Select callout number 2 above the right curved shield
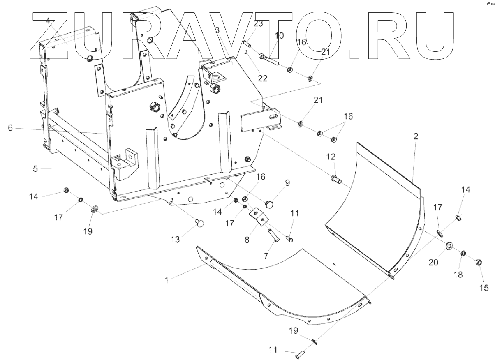(416, 137)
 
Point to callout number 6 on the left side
(10, 128)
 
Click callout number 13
(175, 240)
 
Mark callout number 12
(331, 157)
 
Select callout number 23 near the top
(258, 24)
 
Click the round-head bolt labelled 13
(200, 223)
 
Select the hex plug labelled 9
(269, 204)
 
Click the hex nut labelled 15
(479, 262)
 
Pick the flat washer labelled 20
(449, 246)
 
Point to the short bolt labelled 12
(335, 179)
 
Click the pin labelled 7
(273, 236)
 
